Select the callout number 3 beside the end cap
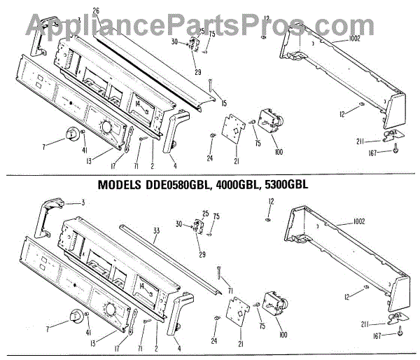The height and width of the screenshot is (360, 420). click(82, 202)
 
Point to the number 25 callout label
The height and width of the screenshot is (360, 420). click(206, 213)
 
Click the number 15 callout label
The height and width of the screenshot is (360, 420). click(223, 104)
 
